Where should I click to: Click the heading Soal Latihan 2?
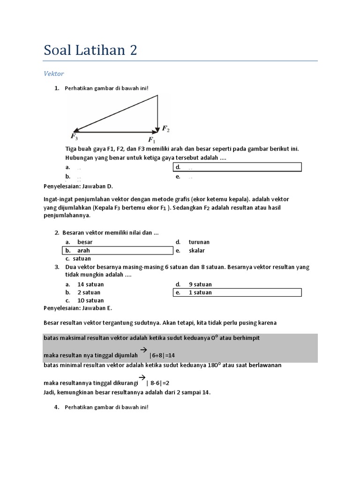[x=90, y=50]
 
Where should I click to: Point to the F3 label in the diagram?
[x=75, y=136]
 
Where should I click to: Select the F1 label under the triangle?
[x=152, y=139]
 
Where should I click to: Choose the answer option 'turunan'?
[x=199, y=242]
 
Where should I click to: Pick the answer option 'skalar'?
[x=197, y=250]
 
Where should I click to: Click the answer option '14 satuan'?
[x=90, y=284]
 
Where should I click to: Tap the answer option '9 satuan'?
[x=200, y=284]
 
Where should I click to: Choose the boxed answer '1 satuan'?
[x=200, y=292]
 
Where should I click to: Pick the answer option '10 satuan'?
[x=90, y=300]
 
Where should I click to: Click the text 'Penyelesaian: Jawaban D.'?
[x=78, y=186]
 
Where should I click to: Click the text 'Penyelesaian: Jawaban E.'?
[x=78, y=308]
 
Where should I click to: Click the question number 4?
[x=57, y=407]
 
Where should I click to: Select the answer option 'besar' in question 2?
[x=85, y=242]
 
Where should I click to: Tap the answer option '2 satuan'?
[x=89, y=292]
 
